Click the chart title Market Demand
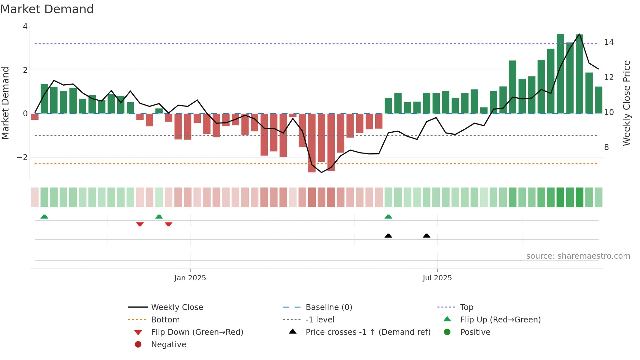pyautogui.click(x=47, y=9)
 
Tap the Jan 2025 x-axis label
pyautogui.click(x=190, y=278)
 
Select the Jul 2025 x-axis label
pyautogui.click(x=437, y=278)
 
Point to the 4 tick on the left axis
pyautogui.click(x=25, y=26)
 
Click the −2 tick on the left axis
pyautogui.click(x=23, y=157)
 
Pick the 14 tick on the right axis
pyautogui.click(x=609, y=42)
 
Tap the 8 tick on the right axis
pyautogui.click(x=606, y=147)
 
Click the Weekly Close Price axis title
pyautogui.click(x=626, y=103)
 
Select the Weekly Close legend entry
pyautogui.click(x=177, y=307)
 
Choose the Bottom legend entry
pyautogui.click(x=165, y=320)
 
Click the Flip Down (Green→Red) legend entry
pyautogui.click(x=197, y=332)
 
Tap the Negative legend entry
pyautogui.click(x=168, y=345)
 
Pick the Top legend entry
pyautogui.click(x=466, y=307)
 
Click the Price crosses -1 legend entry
pyautogui.click(x=368, y=332)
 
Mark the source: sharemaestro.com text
pyautogui.click(x=578, y=256)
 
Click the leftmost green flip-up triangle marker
pyautogui.click(x=44, y=217)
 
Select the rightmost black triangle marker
pyautogui.click(x=426, y=236)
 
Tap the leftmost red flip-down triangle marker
pyautogui.click(x=140, y=224)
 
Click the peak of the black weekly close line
pyautogui.click(x=579, y=34)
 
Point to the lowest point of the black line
pyautogui.click(x=321, y=172)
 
